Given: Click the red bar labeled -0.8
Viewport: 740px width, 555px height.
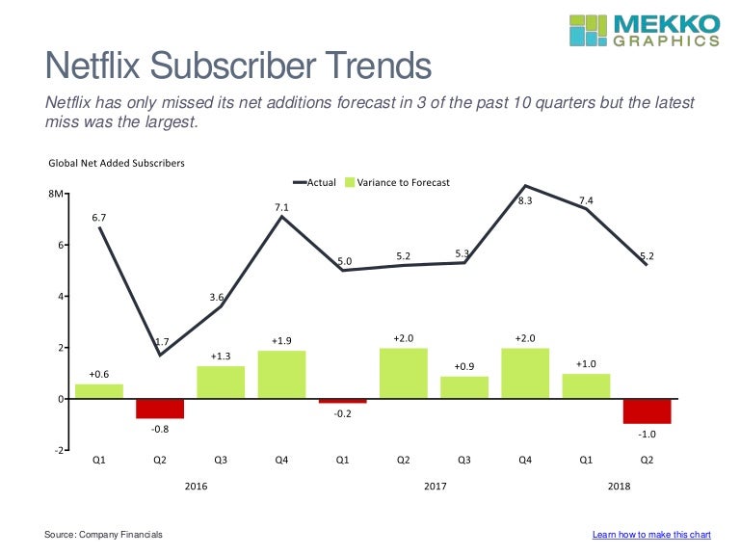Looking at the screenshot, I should pos(160,409).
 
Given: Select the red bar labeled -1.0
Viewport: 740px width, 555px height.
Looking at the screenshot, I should pos(647,410).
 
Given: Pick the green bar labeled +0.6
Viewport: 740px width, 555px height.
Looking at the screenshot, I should pos(99,391).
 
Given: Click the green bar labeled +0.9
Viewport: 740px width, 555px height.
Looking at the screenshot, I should pos(464,387).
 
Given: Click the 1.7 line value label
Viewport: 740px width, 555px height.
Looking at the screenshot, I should pos(164,342).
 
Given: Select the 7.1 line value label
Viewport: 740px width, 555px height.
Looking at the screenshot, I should pos(281,206).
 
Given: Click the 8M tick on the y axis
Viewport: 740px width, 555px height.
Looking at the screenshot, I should pos(56,195).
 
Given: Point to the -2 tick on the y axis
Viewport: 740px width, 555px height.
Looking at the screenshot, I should pos(59,450).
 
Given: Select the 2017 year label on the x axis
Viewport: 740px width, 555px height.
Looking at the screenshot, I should pos(436,487).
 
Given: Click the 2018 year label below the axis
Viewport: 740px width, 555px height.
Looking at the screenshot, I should pos(619,487).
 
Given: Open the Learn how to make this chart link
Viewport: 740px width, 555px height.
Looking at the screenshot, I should pos(651,534).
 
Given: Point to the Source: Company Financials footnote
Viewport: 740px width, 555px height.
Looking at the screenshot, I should pos(103,534).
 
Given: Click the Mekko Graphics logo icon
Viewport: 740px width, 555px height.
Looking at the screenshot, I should pos(589,29).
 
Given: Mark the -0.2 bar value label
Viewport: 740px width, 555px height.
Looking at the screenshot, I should pos(342,414).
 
